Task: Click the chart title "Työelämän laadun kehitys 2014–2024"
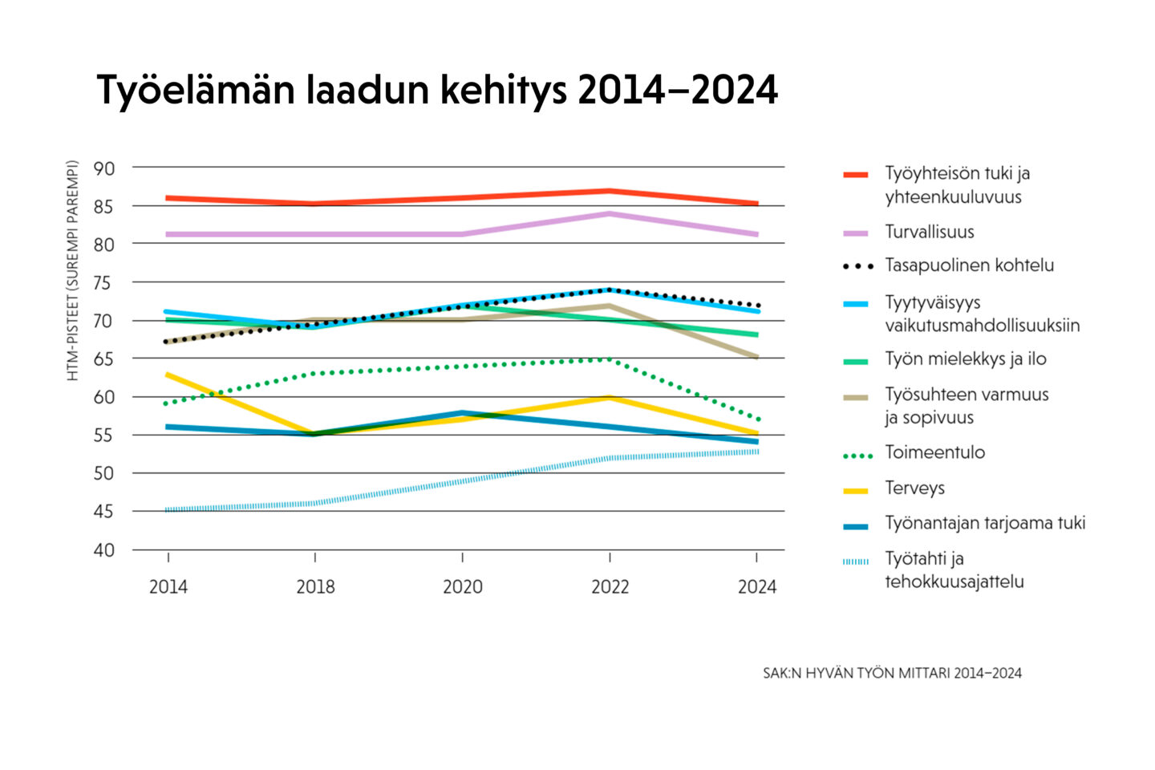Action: [x=437, y=90]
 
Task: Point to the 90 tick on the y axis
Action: [x=104, y=168]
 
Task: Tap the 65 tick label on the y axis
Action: [x=104, y=359]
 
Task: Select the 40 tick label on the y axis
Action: [x=104, y=550]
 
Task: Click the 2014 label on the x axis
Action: [x=168, y=587]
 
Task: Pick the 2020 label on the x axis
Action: [x=463, y=587]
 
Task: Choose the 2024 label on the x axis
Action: [x=757, y=587]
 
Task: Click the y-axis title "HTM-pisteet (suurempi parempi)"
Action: [x=73, y=271]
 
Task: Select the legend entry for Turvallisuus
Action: [x=930, y=233]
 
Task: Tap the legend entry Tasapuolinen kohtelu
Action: [x=969, y=265]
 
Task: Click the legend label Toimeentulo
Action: [x=934, y=452]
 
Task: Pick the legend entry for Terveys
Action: [x=914, y=488]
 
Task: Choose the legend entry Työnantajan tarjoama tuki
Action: [x=985, y=524]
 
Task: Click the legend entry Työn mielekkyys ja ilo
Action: [x=966, y=359]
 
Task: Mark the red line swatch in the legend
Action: [x=856, y=175]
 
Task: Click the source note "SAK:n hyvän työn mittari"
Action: [x=892, y=674]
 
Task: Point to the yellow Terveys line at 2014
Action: [x=168, y=375]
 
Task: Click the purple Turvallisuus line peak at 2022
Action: [x=610, y=213]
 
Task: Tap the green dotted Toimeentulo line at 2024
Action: [x=756, y=419]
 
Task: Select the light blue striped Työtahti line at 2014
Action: [x=168, y=510]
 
